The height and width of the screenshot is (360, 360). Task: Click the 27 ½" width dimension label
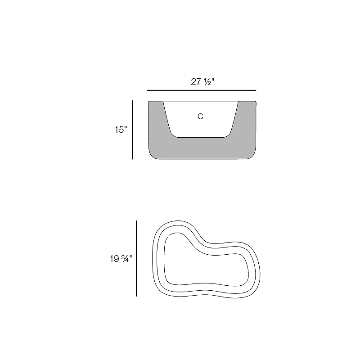point(202,82)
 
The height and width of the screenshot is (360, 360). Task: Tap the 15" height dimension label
point(121,130)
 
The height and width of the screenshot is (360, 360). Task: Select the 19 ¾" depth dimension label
point(121,259)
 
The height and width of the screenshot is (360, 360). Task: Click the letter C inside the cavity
point(200,117)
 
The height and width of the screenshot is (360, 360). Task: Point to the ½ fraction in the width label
point(207,82)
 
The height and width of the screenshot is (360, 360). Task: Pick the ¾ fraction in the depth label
point(125,259)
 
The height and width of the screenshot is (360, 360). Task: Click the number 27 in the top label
point(196,82)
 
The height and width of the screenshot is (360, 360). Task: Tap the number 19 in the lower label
point(114,259)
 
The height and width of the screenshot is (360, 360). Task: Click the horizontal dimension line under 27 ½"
point(201,90)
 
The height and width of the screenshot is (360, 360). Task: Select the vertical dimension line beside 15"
point(132,130)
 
